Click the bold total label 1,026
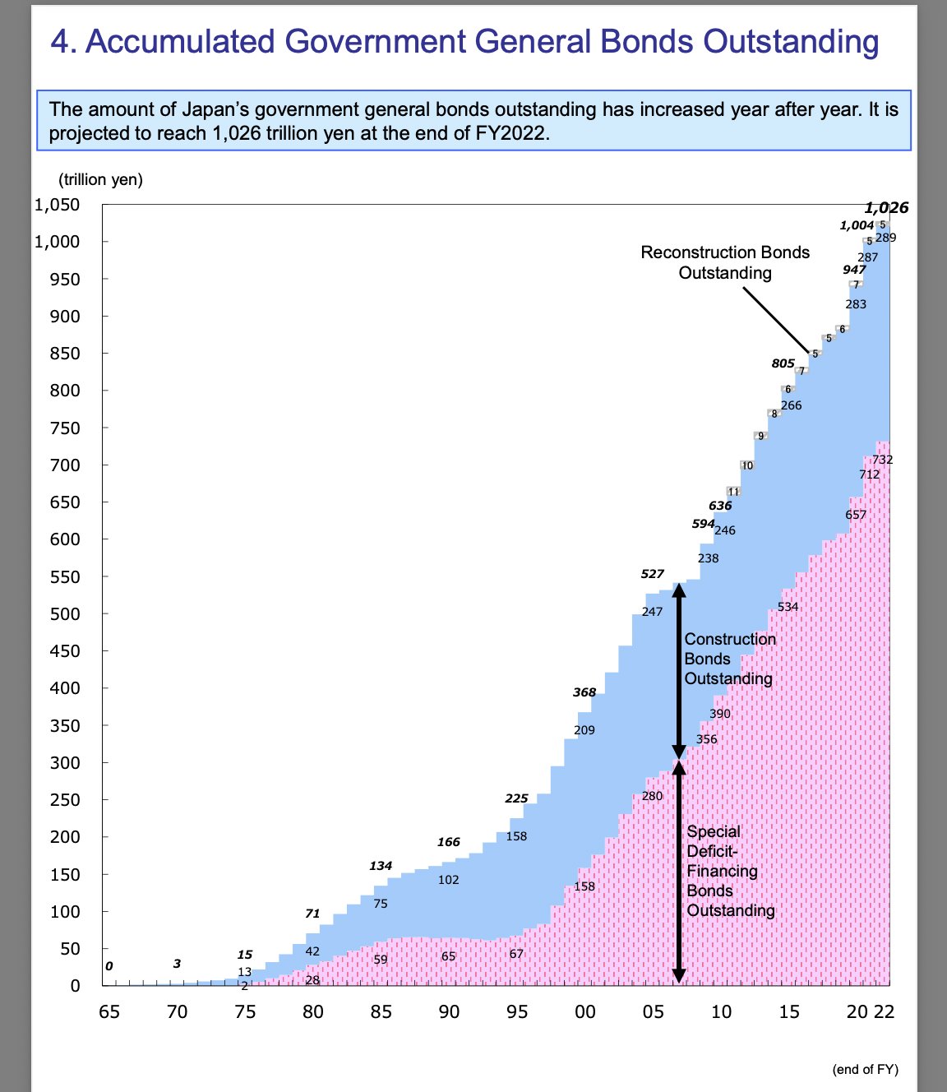pos(886,208)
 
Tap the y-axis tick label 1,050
pos(57,205)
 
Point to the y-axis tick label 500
pos(64,614)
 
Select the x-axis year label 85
pos(381,1011)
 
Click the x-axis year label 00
pos(584,1011)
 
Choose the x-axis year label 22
pos(884,1011)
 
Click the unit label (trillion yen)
pos(100,180)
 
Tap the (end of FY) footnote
pos(866,1069)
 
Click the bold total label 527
pos(653,574)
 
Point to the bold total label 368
pos(584,692)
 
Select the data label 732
pos(882,460)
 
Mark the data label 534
pos(788,607)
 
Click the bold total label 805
pos(783,363)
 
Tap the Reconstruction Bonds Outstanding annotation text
pos(725,262)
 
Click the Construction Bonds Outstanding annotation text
pos(729,659)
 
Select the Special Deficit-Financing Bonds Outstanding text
pos(730,871)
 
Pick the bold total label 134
pos(381,866)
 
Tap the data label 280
pos(652,796)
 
